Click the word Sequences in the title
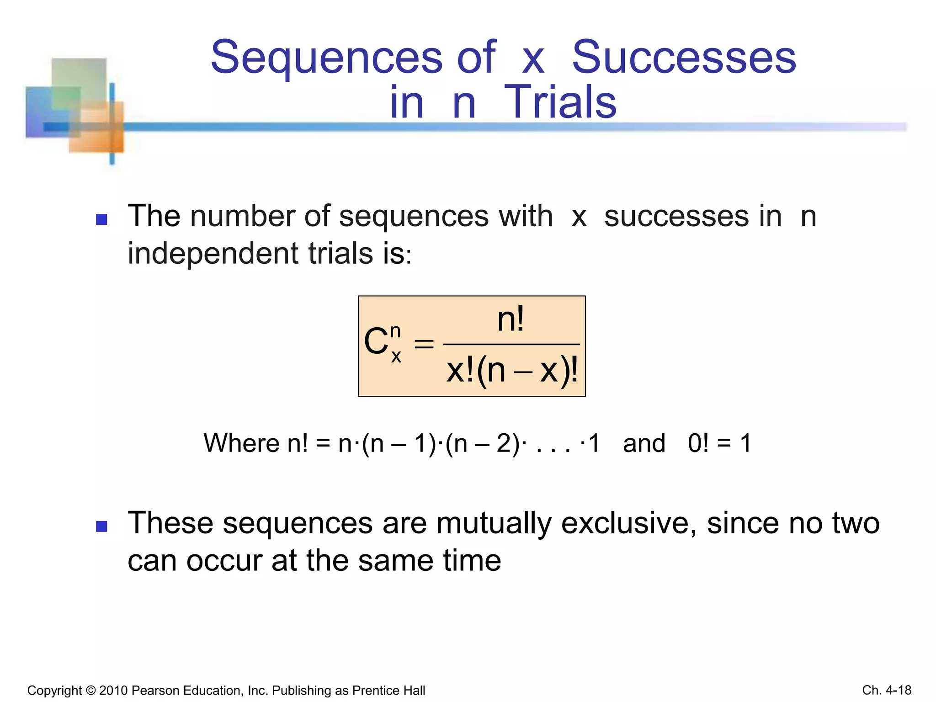click(326, 58)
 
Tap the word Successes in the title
click(684, 58)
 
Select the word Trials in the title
click(560, 102)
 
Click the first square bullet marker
click(101, 219)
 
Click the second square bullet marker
click(101, 526)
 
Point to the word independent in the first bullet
click(213, 254)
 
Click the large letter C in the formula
click(376, 342)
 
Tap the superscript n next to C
click(396, 330)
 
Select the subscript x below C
click(396, 356)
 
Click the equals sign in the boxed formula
click(424, 344)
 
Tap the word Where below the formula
click(241, 443)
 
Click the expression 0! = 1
click(719, 443)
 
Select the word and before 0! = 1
click(644, 443)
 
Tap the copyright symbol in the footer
click(90, 691)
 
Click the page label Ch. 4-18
click(886, 690)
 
